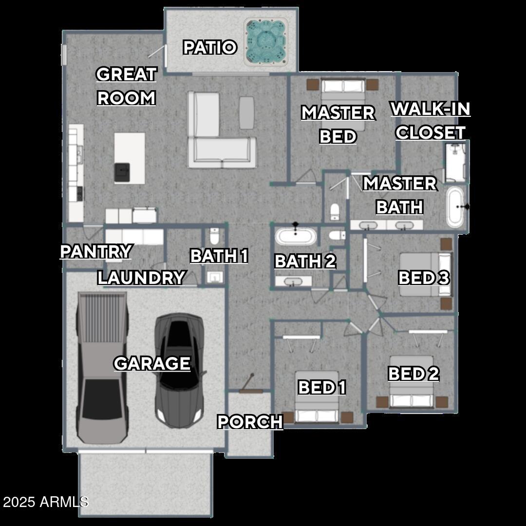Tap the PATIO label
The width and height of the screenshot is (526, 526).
point(210,48)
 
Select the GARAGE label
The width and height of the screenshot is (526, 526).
point(152,363)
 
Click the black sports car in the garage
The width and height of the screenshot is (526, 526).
point(179,370)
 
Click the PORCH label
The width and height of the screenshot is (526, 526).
point(250,422)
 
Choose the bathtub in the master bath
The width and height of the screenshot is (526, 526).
point(455,207)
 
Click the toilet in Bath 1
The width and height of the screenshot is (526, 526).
point(215,236)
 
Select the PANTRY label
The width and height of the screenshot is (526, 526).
point(96,252)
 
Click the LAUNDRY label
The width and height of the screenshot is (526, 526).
point(141,278)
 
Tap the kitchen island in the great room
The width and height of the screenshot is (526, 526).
point(130,158)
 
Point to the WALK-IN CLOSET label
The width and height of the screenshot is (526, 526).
point(431,120)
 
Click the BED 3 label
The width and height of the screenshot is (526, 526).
point(424,278)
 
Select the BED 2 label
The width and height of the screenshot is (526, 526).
point(413,374)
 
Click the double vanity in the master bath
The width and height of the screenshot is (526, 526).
point(387,225)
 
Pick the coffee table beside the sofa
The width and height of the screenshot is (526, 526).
point(247,113)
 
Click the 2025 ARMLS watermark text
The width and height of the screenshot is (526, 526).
point(45,502)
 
